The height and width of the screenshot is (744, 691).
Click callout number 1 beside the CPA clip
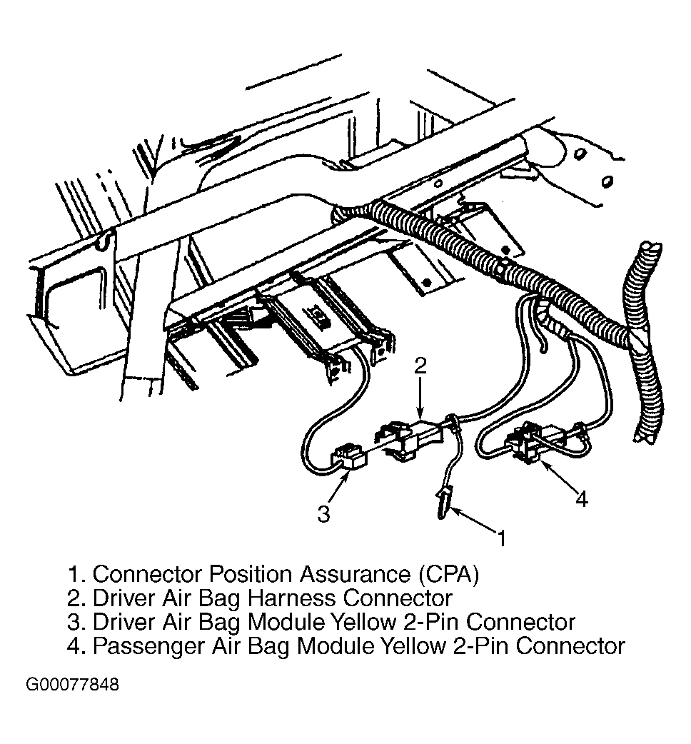point(502,538)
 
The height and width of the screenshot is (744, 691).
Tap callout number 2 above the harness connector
point(420,366)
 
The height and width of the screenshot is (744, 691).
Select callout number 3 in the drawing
point(323,514)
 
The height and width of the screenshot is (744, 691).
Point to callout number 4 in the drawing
point(582,500)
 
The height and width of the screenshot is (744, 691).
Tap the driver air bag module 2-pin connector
point(348,458)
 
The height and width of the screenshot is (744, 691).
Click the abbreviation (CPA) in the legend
point(449,574)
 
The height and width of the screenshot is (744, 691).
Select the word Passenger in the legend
point(148,647)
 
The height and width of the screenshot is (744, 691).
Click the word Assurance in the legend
point(354,574)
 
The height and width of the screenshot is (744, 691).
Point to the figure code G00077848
point(73,685)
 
